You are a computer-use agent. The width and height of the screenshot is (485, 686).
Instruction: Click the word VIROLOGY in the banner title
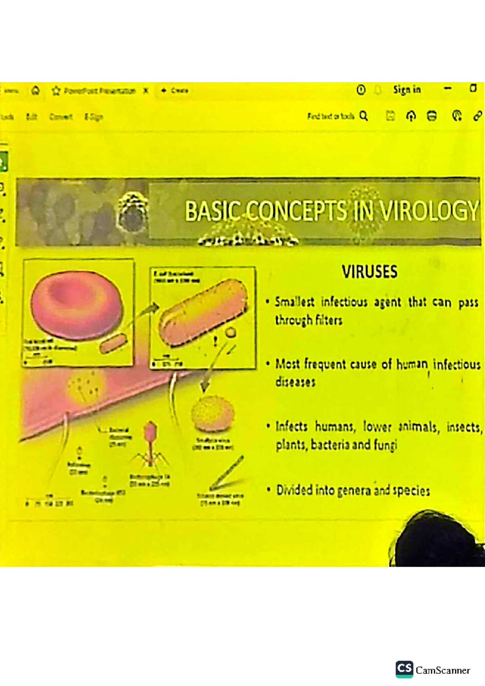click(x=429, y=211)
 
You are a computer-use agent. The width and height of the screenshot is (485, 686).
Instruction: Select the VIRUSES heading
click(x=369, y=272)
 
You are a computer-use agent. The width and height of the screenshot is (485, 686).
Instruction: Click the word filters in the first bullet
click(x=328, y=320)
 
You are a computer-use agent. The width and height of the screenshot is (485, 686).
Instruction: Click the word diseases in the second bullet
click(x=295, y=382)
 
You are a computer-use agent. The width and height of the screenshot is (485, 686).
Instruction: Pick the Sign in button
click(x=407, y=90)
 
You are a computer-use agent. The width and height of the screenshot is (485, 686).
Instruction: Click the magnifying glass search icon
click(x=364, y=116)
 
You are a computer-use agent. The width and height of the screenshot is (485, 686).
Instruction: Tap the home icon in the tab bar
click(x=36, y=90)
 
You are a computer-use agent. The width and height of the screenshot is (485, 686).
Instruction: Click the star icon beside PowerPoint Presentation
click(x=56, y=91)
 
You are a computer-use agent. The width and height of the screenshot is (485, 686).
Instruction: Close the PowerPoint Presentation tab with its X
click(x=146, y=90)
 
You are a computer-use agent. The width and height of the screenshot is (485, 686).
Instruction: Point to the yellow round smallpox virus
click(x=213, y=414)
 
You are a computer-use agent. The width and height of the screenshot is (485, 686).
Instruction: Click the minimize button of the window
click(x=447, y=88)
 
